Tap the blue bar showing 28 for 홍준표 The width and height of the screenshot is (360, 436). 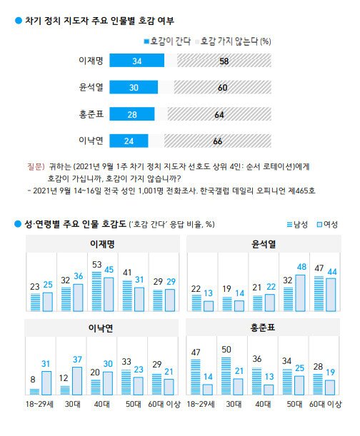coord(133,113)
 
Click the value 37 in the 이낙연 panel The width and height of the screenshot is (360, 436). coord(78,358)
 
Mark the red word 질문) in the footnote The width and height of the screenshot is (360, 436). coord(35,165)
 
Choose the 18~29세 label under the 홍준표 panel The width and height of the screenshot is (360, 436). coord(202,405)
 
